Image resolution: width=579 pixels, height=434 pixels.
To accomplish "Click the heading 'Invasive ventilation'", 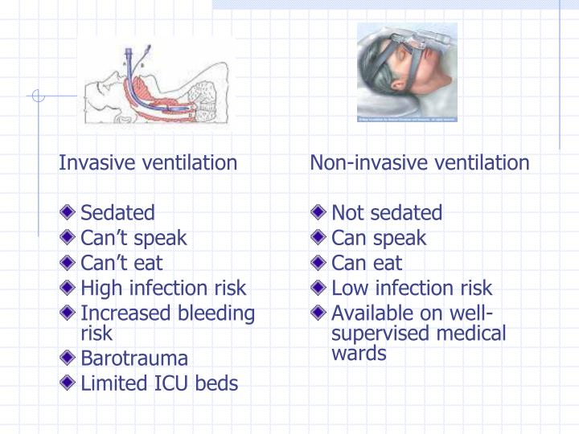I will pyautogui.click(x=148, y=163).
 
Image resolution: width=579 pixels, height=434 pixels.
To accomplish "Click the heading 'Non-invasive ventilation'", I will pyautogui.click(x=420, y=163).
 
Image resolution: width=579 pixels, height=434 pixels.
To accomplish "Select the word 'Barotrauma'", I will pyautogui.click(x=134, y=358).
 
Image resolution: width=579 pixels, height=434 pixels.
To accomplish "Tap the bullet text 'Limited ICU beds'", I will pyautogui.click(x=159, y=383).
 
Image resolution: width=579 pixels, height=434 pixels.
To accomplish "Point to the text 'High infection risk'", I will pyautogui.click(x=163, y=288).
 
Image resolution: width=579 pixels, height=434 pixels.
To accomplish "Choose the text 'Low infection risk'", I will pyautogui.click(x=412, y=288).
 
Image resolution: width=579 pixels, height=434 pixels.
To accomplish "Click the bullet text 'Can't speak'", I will pyautogui.click(x=133, y=238).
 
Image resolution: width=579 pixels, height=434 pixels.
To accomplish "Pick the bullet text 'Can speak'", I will pyautogui.click(x=379, y=238).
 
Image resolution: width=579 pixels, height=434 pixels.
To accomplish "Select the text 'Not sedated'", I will pyautogui.click(x=387, y=213).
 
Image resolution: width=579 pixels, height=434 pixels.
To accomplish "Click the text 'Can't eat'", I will pyautogui.click(x=121, y=263).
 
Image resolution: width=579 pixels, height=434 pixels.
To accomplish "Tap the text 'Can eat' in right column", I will pyautogui.click(x=367, y=263).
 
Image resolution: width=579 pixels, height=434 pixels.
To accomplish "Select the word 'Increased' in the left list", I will pyautogui.click(x=121, y=313).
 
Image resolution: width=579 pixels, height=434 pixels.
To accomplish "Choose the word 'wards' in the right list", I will pyautogui.click(x=359, y=353).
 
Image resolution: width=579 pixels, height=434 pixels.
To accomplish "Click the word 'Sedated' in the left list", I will pyautogui.click(x=117, y=213).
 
